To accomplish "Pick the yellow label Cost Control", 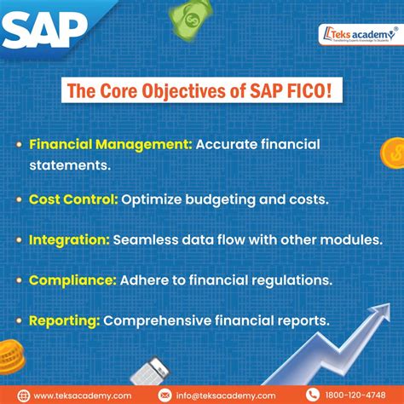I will tap(72, 199).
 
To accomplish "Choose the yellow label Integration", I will tap(69, 240).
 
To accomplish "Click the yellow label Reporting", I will tap(65, 320).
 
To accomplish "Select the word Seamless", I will tap(148, 240).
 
